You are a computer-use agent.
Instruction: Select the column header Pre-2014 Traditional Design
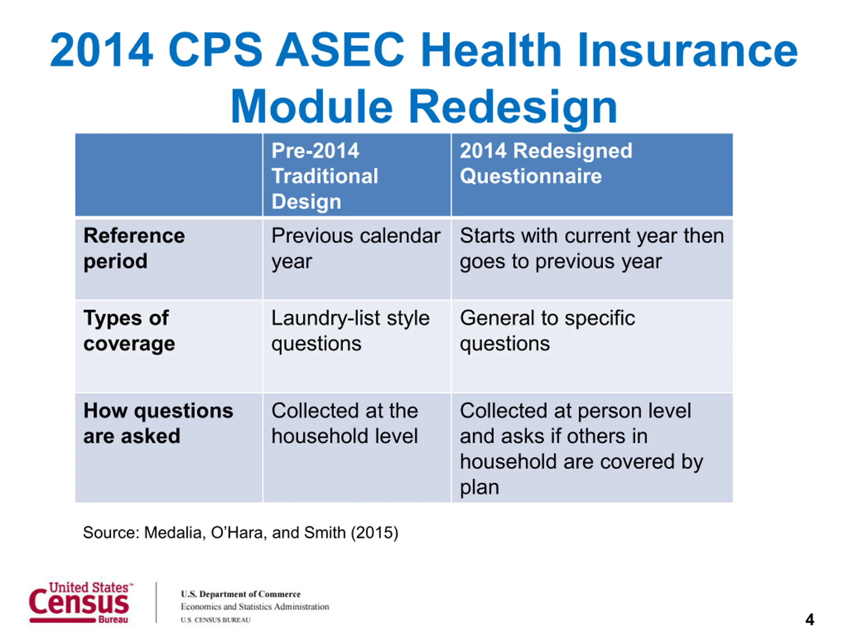click(325, 176)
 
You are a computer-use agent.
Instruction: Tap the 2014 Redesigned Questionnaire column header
click(546, 163)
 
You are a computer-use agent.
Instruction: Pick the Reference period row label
click(134, 248)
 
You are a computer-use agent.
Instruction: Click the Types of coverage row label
click(129, 331)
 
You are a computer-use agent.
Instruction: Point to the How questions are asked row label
click(158, 423)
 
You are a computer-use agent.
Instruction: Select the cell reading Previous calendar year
click(356, 248)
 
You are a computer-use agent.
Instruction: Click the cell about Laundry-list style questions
click(350, 331)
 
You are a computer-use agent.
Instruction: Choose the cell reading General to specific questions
click(548, 331)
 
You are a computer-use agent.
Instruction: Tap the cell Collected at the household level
click(344, 423)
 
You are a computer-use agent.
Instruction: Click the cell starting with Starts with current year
click(592, 248)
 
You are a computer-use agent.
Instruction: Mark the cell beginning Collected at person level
click(582, 449)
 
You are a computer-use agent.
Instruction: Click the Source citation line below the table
click(241, 533)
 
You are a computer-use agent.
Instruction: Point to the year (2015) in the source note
click(375, 533)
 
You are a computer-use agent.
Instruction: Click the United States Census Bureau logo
click(81, 602)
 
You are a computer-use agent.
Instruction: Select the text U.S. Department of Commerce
click(241, 594)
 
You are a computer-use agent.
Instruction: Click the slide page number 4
click(810, 619)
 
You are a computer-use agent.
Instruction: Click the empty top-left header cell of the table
click(169, 175)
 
